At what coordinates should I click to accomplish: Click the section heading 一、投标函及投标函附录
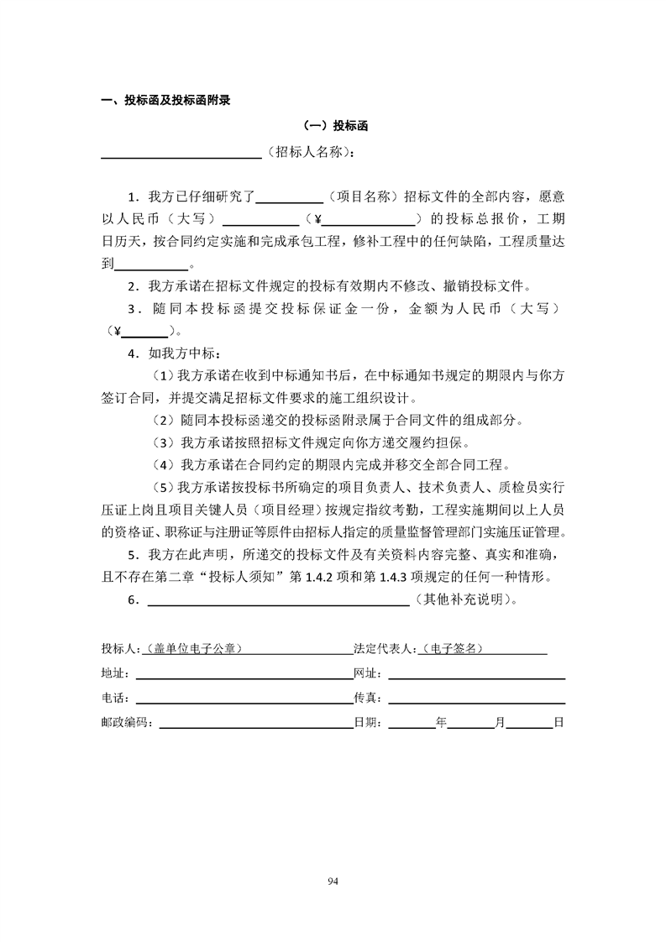(165, 101)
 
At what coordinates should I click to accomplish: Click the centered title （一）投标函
(333, 127)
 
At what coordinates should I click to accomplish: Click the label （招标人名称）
(307, 154)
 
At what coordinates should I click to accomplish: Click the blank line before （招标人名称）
(181, 156)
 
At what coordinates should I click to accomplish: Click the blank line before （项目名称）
(289, 201)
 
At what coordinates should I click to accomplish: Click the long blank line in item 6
(278, 604)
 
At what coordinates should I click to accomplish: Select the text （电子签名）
(454, 649)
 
